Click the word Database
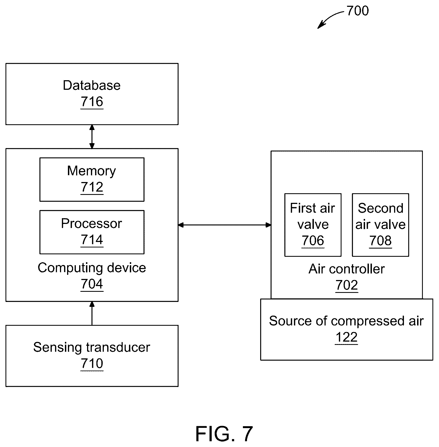click(92, 85)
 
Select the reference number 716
click(92, 102)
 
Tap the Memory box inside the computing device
click(92, 179)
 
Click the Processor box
click(92, 232)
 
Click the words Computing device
click(92, 268)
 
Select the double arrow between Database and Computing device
click(92, 137)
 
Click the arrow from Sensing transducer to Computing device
click(92, 313)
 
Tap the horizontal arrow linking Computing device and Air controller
click(225, 225)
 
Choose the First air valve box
click(313, 225)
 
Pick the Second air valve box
click(380, 225)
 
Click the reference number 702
click(347, 285)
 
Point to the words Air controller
click(347, 269)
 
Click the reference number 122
click(346, 337)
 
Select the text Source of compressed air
click(346, 321)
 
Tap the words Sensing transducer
click(92, 347)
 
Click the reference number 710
click(92, 364)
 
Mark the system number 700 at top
click(358, 11)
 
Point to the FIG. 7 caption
click(224, 434)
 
